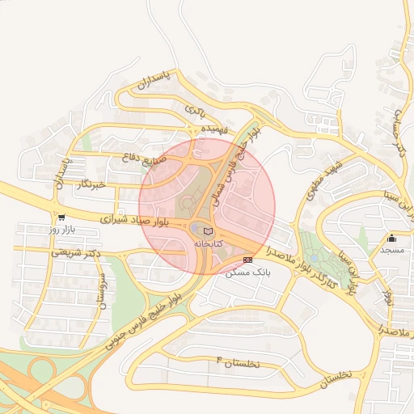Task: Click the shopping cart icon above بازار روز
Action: click(x=61, y=218)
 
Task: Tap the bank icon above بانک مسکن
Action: click(x=247, y=260)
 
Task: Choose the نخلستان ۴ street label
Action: click(x=237, y=361)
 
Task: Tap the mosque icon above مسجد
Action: click(x=392, y=238)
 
